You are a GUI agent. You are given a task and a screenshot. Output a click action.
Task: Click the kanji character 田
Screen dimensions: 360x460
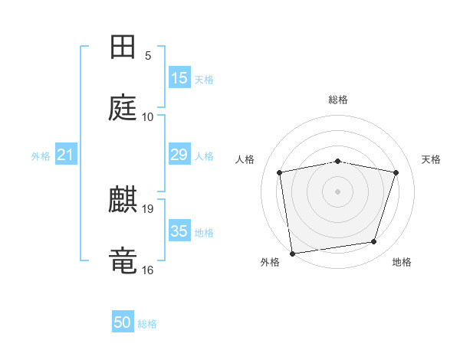[123, 48]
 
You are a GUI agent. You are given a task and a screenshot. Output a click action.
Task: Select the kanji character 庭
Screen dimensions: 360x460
[123, 109]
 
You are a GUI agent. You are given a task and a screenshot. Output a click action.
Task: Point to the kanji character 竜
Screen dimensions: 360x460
[123, 260]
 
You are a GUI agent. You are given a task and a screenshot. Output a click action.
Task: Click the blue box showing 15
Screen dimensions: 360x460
[179, 78]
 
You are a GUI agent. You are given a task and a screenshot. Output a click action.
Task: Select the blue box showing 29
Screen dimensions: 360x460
[179, 155]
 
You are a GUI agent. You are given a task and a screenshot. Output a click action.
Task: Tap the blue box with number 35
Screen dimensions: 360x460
[179, 231]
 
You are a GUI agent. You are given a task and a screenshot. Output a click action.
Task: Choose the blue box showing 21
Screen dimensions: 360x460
[66, 155]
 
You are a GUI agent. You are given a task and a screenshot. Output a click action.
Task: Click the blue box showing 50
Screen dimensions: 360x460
[123, 322]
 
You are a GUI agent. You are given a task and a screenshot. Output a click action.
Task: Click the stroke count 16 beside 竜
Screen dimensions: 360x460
[148, 269]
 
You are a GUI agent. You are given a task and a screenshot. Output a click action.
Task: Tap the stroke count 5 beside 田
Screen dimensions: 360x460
[148, 55]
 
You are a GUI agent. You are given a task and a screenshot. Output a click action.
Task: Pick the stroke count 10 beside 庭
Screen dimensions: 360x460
[148, 116]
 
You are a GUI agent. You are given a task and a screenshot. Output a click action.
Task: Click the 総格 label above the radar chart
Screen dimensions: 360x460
[338, 100]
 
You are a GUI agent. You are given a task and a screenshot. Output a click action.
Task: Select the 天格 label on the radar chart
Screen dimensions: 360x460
[432, 159]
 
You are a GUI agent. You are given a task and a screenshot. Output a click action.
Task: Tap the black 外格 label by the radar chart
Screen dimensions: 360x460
[270, 263]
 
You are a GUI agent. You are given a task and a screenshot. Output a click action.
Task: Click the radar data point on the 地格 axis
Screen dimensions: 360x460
[374, 242]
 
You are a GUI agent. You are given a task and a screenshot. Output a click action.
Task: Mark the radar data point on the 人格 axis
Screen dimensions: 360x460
[280, 172]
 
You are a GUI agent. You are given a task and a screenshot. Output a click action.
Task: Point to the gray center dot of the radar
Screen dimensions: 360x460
[338, 191]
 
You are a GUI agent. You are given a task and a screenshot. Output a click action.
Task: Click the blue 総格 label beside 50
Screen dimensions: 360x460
[148, 324]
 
